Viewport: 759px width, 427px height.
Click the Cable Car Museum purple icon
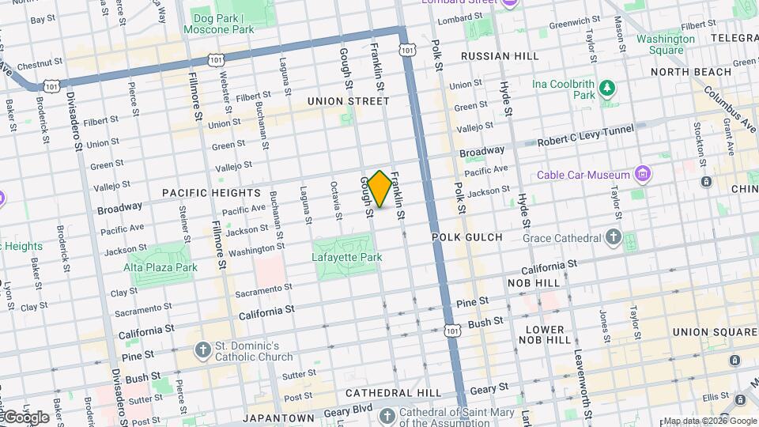pyautogui.click(x=644, y=175)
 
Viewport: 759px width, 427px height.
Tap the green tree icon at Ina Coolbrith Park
pyautogui.click(x=607, y=89)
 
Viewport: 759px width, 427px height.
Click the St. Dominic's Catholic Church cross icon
pyautogui.click(x=203, y=350)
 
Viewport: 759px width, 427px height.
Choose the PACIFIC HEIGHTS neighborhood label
pyautogui.click(x=211, y=193)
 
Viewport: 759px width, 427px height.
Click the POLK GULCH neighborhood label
pyautogui.click(x=467, y=237)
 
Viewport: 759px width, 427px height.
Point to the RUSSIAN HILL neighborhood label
pyautogui.click(x=500, y=56)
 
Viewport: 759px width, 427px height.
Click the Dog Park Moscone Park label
pyautogui.click(x=219, y=24)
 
